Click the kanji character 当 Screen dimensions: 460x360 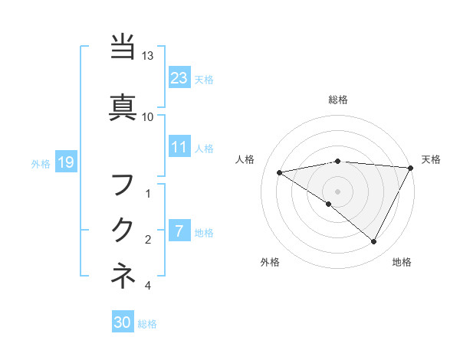[x=123, y=47]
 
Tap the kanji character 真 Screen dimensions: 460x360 [x=123, y=106]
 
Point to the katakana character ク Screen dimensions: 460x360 [x=123, y=230]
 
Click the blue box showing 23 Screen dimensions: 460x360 [x=179, y=77]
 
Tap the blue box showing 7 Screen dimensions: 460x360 [x=179, y=231]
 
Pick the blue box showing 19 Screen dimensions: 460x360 [x=65, y=162]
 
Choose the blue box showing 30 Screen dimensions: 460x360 [x=122, y=322]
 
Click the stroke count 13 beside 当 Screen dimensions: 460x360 [x=148, y=57]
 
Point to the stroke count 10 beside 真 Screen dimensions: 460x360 [x=148, y=117]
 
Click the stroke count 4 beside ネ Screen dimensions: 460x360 [x=148, y=286]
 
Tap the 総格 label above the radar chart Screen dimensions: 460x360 [x=338, y=100]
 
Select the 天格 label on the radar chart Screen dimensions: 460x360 [x=431, y=159]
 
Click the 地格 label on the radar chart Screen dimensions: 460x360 [x=402, y=262]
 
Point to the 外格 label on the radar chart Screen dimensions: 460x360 [x=270, y=262]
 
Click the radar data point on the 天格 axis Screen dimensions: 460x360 [x=412, y=167]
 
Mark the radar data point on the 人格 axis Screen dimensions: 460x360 [x=279, y=172]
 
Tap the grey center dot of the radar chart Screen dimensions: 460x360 [x=337, y=191]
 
